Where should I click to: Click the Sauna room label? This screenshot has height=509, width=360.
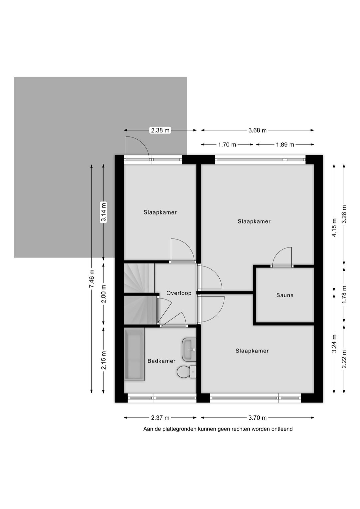285,295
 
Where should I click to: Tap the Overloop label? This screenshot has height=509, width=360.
179,293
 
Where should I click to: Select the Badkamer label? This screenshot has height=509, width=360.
161,361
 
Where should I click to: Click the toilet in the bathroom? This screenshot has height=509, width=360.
186,372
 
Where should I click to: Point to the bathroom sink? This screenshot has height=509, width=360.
189,350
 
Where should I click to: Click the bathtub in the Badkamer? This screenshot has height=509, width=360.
134,354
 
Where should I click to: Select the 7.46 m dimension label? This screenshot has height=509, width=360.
91,279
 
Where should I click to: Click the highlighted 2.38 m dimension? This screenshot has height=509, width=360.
160,130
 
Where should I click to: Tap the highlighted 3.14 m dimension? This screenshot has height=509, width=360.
104,212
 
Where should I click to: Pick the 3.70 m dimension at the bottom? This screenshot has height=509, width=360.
257,418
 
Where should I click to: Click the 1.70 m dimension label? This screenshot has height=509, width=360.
227,144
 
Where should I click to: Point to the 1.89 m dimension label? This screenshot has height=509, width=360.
285,144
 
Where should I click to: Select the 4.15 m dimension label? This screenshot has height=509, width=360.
334,228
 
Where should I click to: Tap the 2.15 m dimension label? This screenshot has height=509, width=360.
104,360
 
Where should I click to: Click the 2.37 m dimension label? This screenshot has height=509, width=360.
160,418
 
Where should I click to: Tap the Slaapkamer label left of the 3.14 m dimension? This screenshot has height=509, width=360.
160,212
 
